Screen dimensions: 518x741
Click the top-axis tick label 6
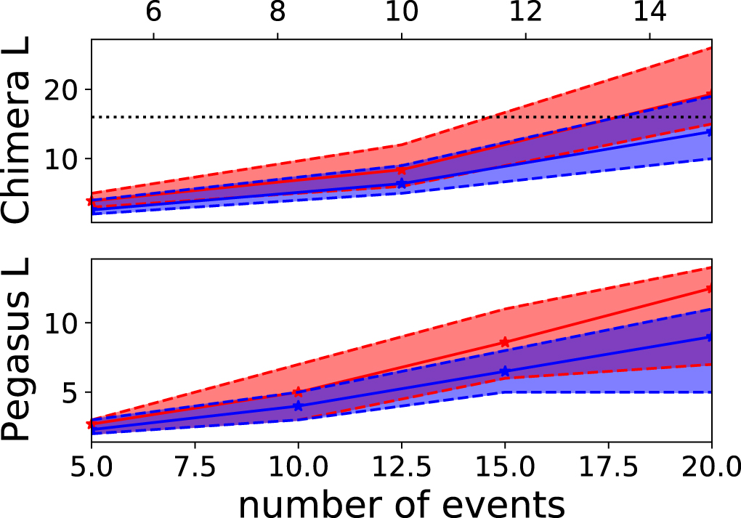point(153,13)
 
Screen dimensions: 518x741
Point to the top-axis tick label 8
point(278,13)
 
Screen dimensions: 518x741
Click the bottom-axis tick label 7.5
point(195,464)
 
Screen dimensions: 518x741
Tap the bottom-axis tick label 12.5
point(402,464)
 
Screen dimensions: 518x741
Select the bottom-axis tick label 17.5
point(609,464)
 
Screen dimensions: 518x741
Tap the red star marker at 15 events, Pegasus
point(505,342)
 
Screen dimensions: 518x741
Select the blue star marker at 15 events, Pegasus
point(505,371)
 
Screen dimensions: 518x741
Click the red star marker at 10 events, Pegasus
point(298,392)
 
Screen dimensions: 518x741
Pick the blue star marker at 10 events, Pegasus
point(298,406)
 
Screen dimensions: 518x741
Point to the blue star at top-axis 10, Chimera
point(402,184)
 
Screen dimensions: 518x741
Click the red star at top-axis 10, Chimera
point(402,170)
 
